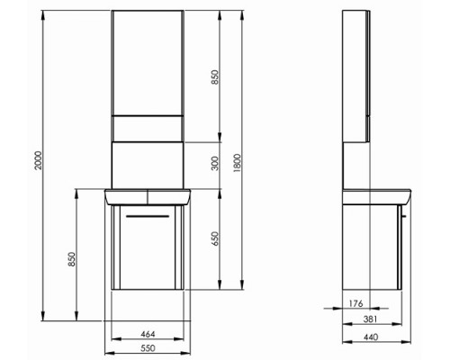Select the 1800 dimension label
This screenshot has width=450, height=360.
[236, 164]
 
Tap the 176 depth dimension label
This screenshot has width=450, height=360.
[356, 303]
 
